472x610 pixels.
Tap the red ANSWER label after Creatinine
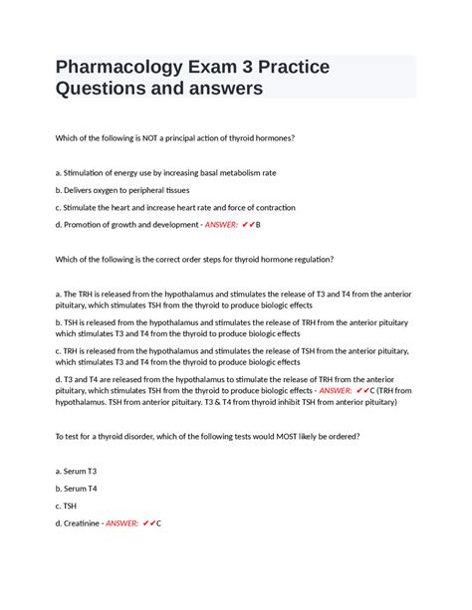point(123,522)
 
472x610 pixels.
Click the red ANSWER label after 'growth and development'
point(222,225)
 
